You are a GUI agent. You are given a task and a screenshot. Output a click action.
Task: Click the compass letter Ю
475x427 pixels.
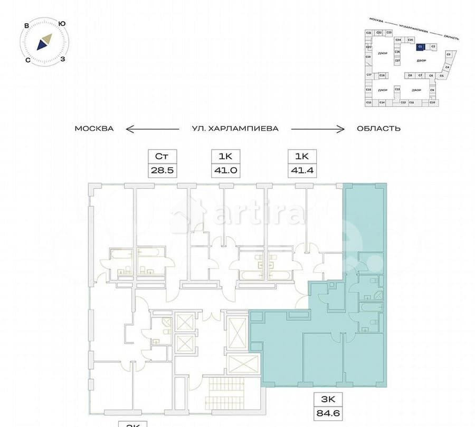(62, 23)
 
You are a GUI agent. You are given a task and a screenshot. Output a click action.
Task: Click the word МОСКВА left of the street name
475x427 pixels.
(94, 129)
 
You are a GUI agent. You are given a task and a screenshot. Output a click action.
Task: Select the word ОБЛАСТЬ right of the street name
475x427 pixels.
(378, 129)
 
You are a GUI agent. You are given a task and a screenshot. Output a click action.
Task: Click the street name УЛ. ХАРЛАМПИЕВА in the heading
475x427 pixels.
(235, 129)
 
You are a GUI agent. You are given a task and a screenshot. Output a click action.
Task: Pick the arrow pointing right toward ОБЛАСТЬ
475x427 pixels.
(319, 129)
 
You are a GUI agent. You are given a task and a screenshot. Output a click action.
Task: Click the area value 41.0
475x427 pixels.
(226, 171)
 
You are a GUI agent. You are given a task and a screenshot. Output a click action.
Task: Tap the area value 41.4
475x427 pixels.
(301, 171)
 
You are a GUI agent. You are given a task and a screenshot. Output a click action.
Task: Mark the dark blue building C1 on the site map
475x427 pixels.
(420, 46)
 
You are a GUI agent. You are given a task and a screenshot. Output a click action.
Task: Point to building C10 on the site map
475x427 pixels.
(432, 102)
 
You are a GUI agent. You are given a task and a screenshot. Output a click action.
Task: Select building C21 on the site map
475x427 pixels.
(368, 33)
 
